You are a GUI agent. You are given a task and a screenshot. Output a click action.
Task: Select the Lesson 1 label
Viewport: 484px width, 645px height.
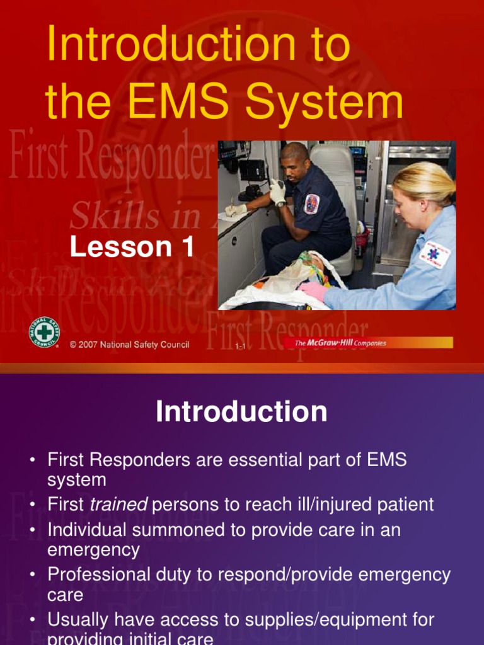coord(132,246)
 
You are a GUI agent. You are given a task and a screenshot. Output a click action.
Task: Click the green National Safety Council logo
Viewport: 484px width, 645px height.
coord(44,331)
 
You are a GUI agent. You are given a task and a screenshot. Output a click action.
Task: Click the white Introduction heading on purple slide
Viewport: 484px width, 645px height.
coord(241,412)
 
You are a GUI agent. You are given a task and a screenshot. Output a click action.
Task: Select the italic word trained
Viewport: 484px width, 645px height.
coord(118,505)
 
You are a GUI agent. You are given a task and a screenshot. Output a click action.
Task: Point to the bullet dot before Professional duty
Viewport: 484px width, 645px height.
coord(32,575)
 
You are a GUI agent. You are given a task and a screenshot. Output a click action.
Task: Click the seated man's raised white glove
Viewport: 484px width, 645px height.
coord(277,192)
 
